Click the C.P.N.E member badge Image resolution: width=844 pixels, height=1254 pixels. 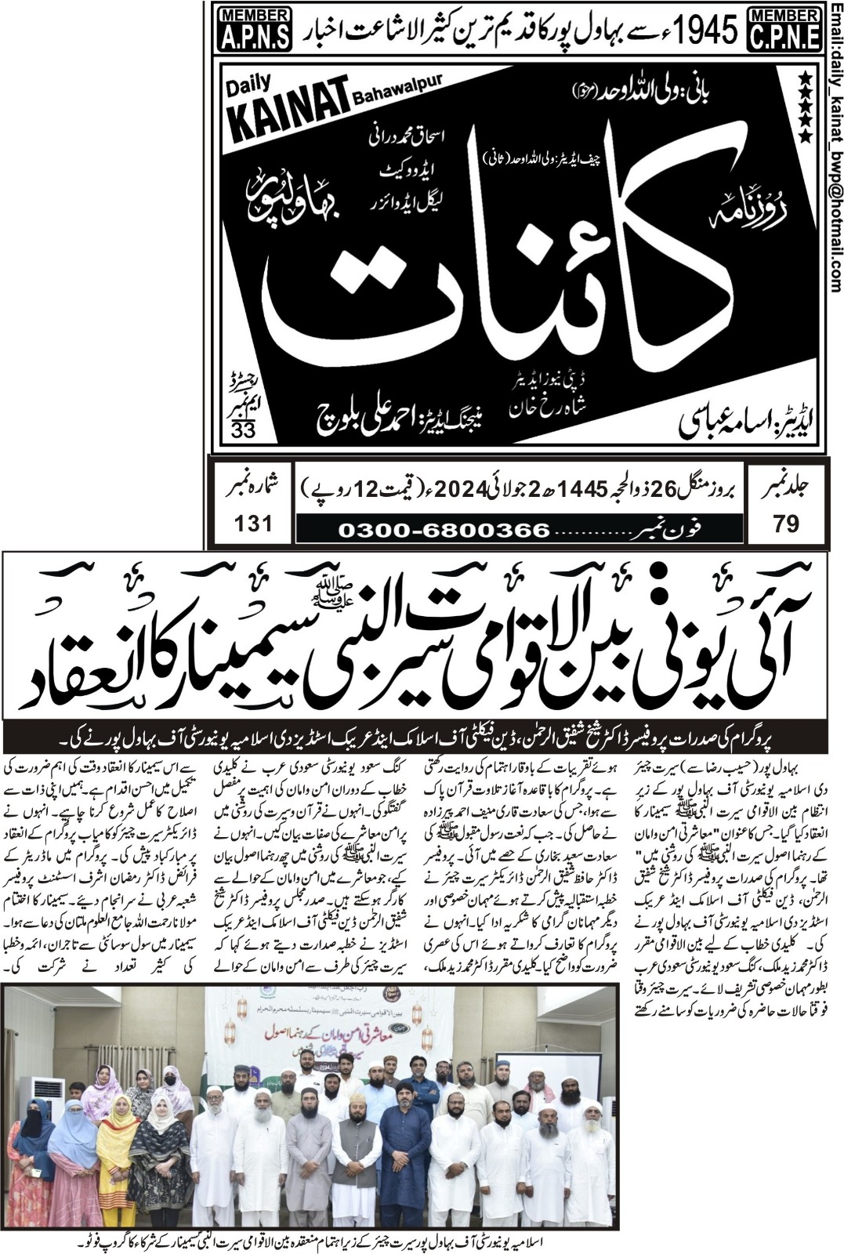tap(785, 28)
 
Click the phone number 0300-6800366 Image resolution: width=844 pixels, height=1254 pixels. tap(444, 529)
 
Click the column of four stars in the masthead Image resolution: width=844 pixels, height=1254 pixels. tap(803, 106)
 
